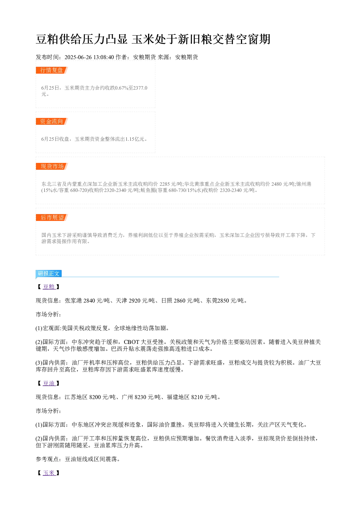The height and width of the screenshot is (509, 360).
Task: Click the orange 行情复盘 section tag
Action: pos(52,70)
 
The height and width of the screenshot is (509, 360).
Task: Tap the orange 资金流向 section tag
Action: pos(52,121)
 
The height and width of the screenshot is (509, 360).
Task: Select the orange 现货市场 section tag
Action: pos(52,166)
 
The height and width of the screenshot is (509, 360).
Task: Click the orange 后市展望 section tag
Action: pos(52,217)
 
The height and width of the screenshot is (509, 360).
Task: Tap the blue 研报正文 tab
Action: pos(49,273)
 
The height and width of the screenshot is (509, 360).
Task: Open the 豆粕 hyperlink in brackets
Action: pos(49,287)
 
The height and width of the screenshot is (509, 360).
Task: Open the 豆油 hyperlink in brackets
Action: pos(49,383)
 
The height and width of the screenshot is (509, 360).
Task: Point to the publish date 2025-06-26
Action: pos(78,57)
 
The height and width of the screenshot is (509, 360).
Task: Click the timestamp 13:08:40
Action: pos(103,57)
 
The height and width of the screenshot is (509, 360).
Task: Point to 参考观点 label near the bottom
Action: pos(47,459)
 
